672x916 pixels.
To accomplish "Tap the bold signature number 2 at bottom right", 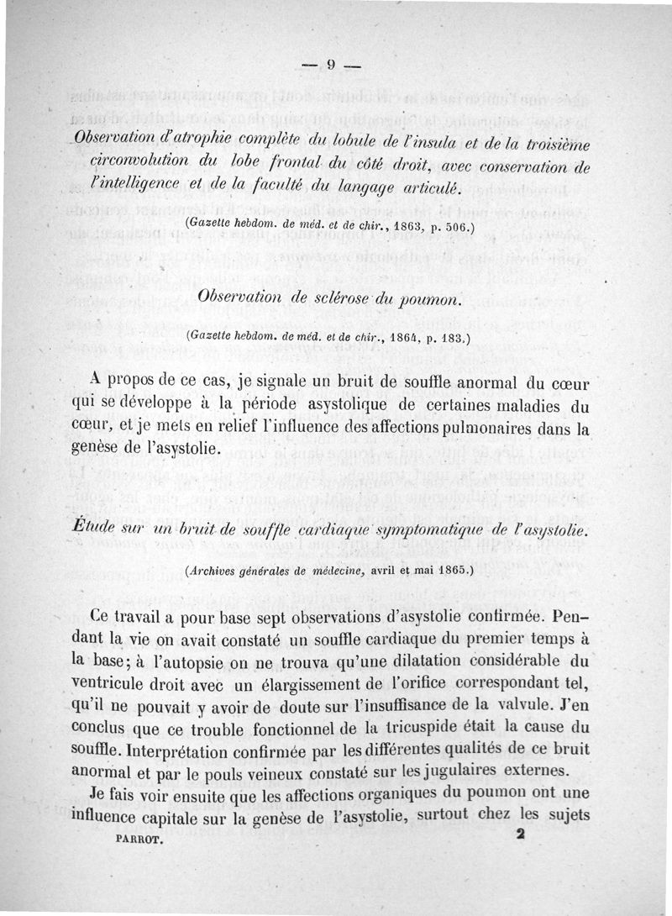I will (521, 835).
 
